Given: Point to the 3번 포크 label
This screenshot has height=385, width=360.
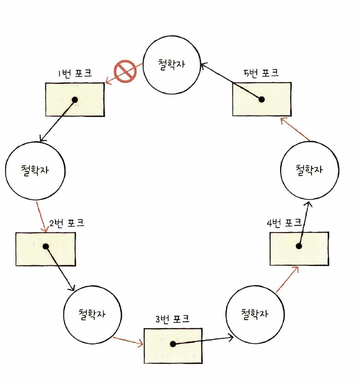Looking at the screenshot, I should (x=172, y=319).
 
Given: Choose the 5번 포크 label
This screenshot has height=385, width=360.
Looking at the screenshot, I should (x=261, y=72).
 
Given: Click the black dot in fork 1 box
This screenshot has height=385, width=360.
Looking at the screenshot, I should (x=75, y=100).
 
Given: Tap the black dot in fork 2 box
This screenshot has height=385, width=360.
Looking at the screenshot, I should (x=45, y=246).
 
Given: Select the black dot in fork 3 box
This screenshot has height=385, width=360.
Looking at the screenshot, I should (x=172, y=344).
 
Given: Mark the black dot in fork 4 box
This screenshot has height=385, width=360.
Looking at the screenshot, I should (x=299, y=246).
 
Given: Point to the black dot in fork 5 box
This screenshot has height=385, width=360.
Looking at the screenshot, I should (x=261, y=100).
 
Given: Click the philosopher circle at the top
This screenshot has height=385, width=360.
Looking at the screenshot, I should (x=172, y=68).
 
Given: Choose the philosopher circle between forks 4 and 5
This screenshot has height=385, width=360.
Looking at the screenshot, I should (x=310, y=171).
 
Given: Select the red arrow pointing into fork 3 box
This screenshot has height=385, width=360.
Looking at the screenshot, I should (x=128, y=341).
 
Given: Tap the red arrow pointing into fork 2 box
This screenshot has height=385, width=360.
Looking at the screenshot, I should (x=42, y=217).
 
